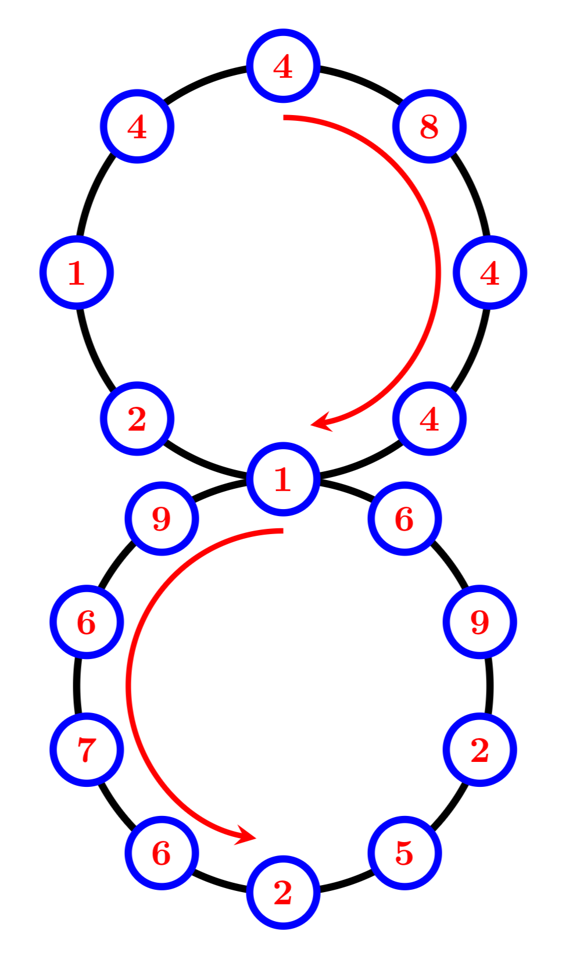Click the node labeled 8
pyautogui.click(x=429, y=126)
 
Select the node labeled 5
pyautogui.click(x=405, y=853)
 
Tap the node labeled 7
pyautogui.click(x=87, y=749)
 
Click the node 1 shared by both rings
pyautogui.click(x=283, y=479)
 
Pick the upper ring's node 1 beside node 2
pyautogui.click(x=76, y=272)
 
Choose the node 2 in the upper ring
pyautogui.click(x=137, y=418)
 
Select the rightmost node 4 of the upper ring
pyautogui.click(x=489, y=272)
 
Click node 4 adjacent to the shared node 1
pyautogui.click(x=429, y=418)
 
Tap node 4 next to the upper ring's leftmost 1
pyautogui.click(x=137, y=126)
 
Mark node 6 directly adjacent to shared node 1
pyautogui.click(x=405, y=518)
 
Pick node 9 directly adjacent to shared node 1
pyautogui.click(x=162, y=518)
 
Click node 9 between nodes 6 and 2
pyautogui.click(x=479, y=621)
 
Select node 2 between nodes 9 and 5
pyautogui.click(x=479, y=749)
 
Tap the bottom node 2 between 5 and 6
pyautogui.click(x=283, y=892)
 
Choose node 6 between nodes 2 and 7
pyautogui.click(x=162, y=853)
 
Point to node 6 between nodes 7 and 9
pyautogui.click(x=87, y=621)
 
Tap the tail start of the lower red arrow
pyautogui.click(x=282, y=531)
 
